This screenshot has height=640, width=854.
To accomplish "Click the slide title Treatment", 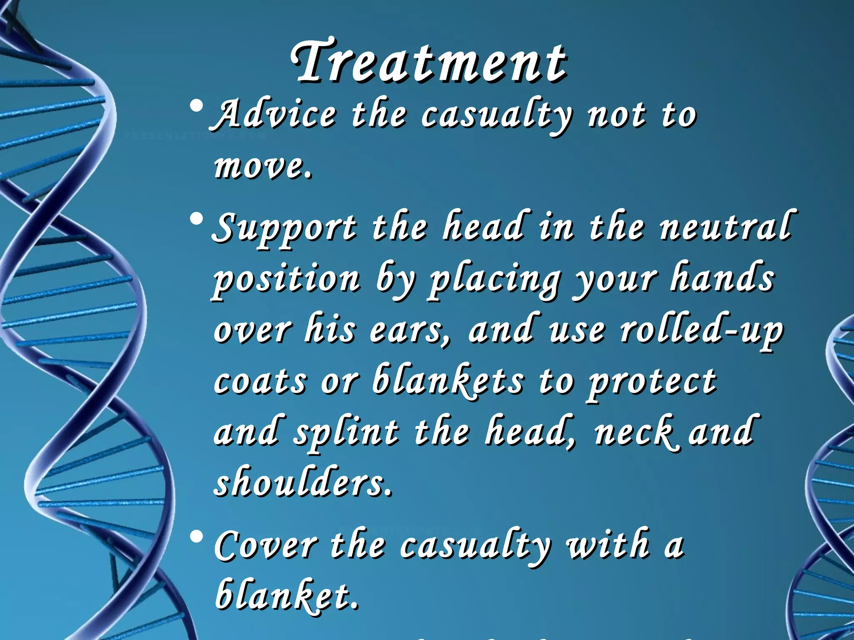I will (429, 62).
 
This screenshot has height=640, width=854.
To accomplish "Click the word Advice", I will (275, 115).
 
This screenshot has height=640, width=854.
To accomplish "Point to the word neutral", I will (726, 227).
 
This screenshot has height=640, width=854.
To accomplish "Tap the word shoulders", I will (303, 483).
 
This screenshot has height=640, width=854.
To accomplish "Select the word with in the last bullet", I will (607, 544).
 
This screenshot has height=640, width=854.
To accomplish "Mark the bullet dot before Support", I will (196, 218).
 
